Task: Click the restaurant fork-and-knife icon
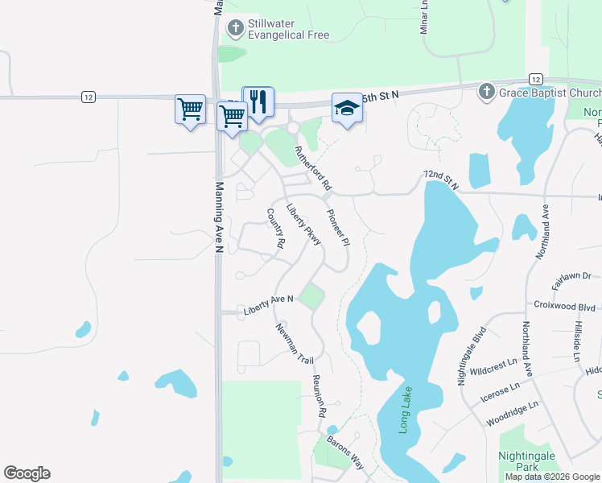pyautogui.click(x=258, y=102)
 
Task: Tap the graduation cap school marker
pyautogui.click(x=347, y=109)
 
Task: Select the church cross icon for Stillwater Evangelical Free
pyautogui.click(x=235, y=29)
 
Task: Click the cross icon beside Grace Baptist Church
pyautogui.click(x=486, y=93)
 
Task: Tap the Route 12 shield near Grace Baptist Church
pyautogui.click(x=535, y=78)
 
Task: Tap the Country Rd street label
pyautogui.click(x=276, y=228)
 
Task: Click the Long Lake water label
pyautogui.click(x=406, y=411)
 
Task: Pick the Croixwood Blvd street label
pyautogui.click(x=564, y=306)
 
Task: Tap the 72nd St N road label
pyautogui.click(x=440, y=179)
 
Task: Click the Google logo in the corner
pyautogui.click(x=27, y=473)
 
